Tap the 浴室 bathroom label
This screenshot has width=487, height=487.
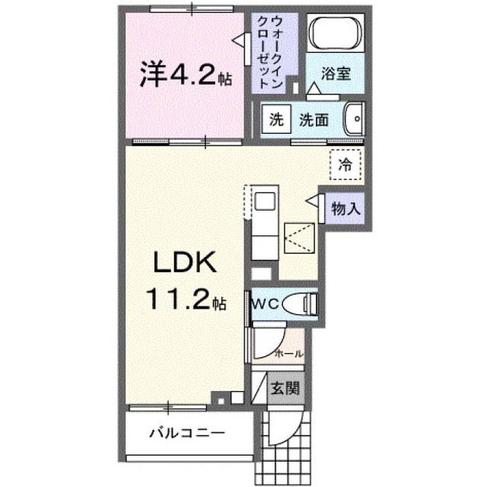pos(336,74)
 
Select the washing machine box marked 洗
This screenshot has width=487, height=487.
pos(276,119)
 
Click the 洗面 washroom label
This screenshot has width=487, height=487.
pos(314,119)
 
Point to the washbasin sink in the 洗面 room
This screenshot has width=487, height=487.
pos(354,119)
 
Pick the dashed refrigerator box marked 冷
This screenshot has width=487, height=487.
pos(345,164)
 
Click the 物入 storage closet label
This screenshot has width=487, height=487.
pos(345,208)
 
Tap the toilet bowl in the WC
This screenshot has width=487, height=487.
pos(301,304)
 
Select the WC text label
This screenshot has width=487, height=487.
pos(266,304)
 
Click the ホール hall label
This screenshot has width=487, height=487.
pos(289,353)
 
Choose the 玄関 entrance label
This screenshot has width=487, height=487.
pos(285,388)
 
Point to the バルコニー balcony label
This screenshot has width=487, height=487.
pos(187,433)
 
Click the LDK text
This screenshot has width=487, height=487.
pos(185,262)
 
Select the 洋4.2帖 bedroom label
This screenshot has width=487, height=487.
pos(186,74)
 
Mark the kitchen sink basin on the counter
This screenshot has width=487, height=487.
pos(265,202)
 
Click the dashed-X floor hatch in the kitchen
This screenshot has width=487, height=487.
pos(299,238)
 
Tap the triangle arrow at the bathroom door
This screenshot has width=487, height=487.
pos(314,88)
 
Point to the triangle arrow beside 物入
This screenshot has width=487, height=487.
pos(312,201)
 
